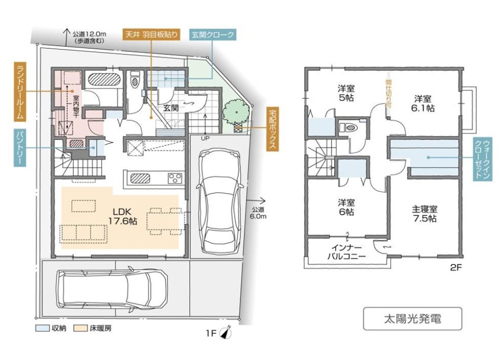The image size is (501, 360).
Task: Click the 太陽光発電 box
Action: (412, 318)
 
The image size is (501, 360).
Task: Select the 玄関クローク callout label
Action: (213, 35)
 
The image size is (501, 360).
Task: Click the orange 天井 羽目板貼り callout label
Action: (151, 35)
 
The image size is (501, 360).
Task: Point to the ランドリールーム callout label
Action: (20, 92)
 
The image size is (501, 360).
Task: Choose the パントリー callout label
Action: (20, 148)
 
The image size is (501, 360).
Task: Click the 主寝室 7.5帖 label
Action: (424, 214)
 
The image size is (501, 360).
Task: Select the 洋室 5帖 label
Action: (346, 93)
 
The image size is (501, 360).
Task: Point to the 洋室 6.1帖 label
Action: (423, 103)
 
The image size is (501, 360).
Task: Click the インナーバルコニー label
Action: (347, 252)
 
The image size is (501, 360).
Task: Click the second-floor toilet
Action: (351, 127)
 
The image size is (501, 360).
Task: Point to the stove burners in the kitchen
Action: (175, 178)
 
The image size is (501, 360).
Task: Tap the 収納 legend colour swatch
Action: (42, 328)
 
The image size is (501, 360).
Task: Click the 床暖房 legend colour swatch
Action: (81, 328)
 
